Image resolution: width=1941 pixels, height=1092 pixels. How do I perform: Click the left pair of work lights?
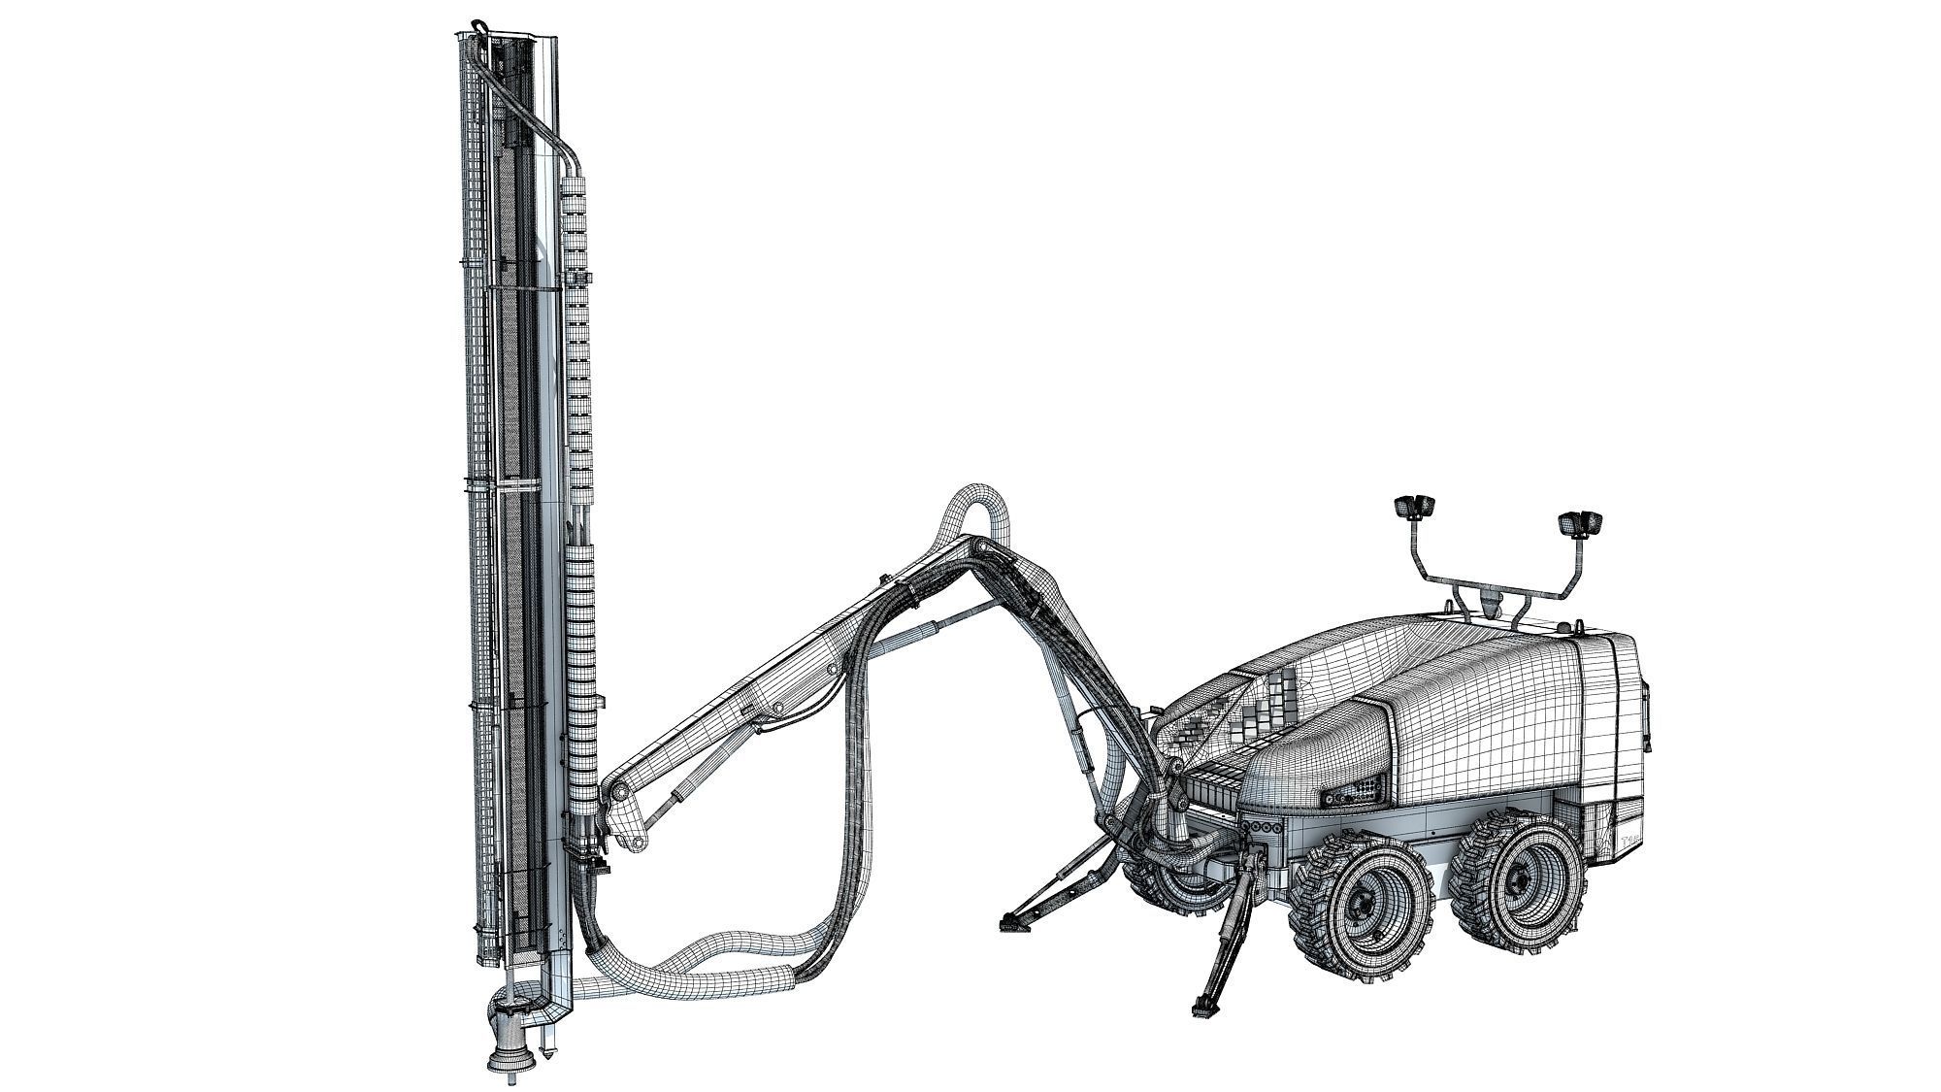pyautogui.click(x=1416, y=506)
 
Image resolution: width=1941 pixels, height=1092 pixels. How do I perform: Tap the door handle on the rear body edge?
pyautogui.click(x=1647, y=718)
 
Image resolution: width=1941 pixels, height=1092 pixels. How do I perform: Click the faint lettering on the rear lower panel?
pyautogui.click(x=1630, y=837)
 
